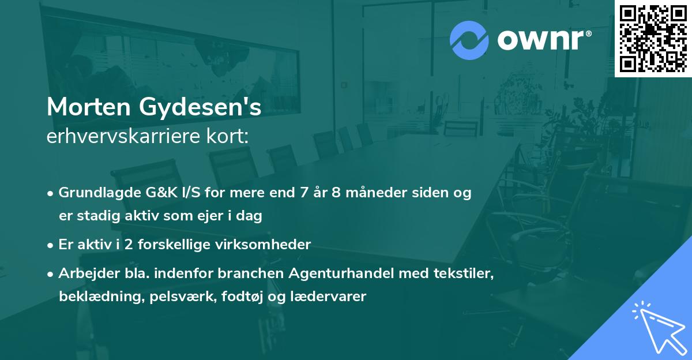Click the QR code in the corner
coord(653,38)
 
